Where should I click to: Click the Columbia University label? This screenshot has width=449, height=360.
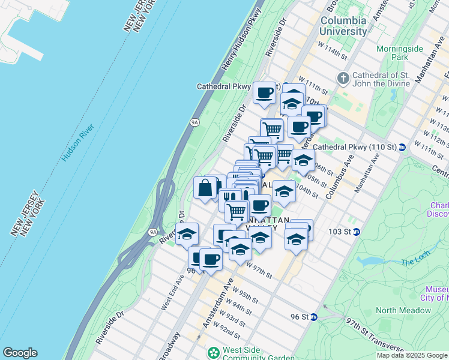(343, 25)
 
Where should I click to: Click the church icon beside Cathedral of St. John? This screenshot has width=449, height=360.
(343, 78)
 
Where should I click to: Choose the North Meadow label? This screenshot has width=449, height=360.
(403, 310)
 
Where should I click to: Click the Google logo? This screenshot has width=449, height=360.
(19, 353)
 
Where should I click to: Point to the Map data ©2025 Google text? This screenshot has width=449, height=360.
(412, 355)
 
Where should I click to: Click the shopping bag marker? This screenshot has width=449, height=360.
(205, 187)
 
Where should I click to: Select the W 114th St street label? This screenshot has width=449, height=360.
(333, 50)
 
